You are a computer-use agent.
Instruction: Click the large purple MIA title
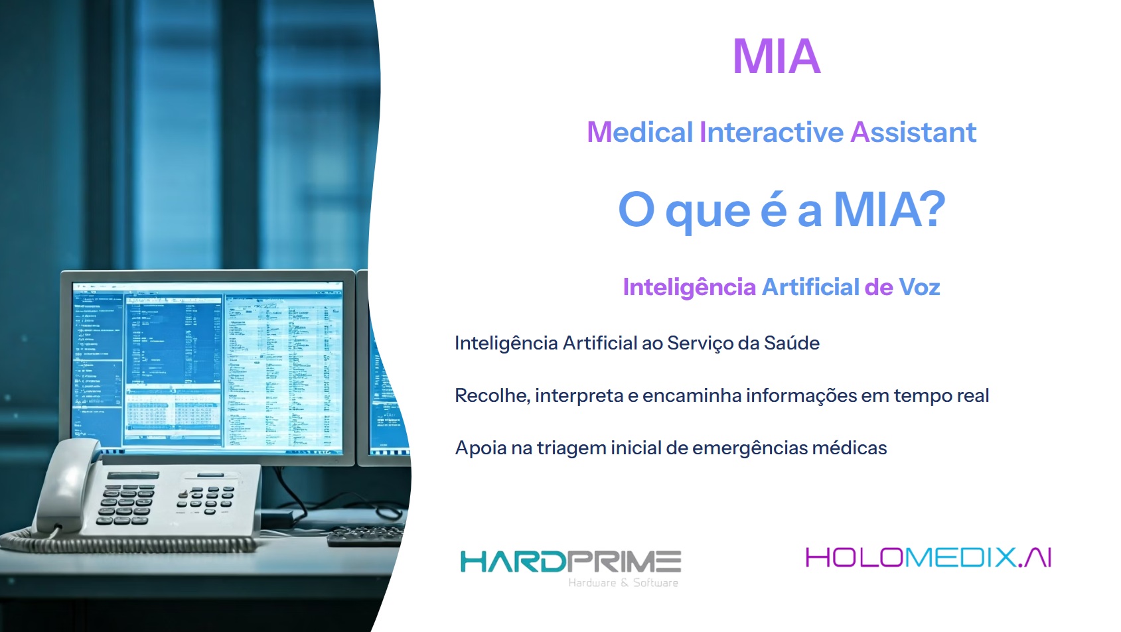coord(776,56)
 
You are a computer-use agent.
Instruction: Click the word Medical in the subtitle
coord(640,132)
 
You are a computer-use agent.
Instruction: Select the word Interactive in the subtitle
coord(771,132)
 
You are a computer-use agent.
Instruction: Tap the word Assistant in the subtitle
coord(913,132)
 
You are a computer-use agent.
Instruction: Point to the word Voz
coord(919,287)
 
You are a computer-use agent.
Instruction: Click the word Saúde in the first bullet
coord(792,343)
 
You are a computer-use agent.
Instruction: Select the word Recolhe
coord(492,395)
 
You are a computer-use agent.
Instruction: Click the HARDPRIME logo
coord(571,562)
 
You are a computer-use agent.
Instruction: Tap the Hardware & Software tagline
coord(623,582)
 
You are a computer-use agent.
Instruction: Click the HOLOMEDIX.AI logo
coord(929,558)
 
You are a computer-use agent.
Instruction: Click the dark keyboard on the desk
coord(365,535)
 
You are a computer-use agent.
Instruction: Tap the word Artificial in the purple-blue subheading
coord(810,287)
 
